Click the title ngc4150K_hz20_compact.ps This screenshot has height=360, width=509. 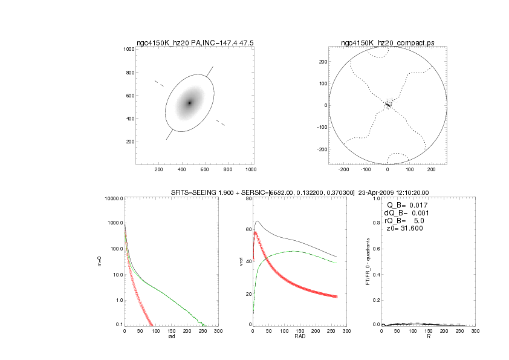pos(387,43)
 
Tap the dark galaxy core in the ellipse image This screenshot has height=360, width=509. pos(189,103)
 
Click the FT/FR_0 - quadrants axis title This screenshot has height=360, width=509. pos(368,261)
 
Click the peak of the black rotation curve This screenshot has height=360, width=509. pos(258,221)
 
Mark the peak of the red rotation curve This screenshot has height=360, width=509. pos(256,232)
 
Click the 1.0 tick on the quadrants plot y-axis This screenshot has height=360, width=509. pos(375,198)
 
